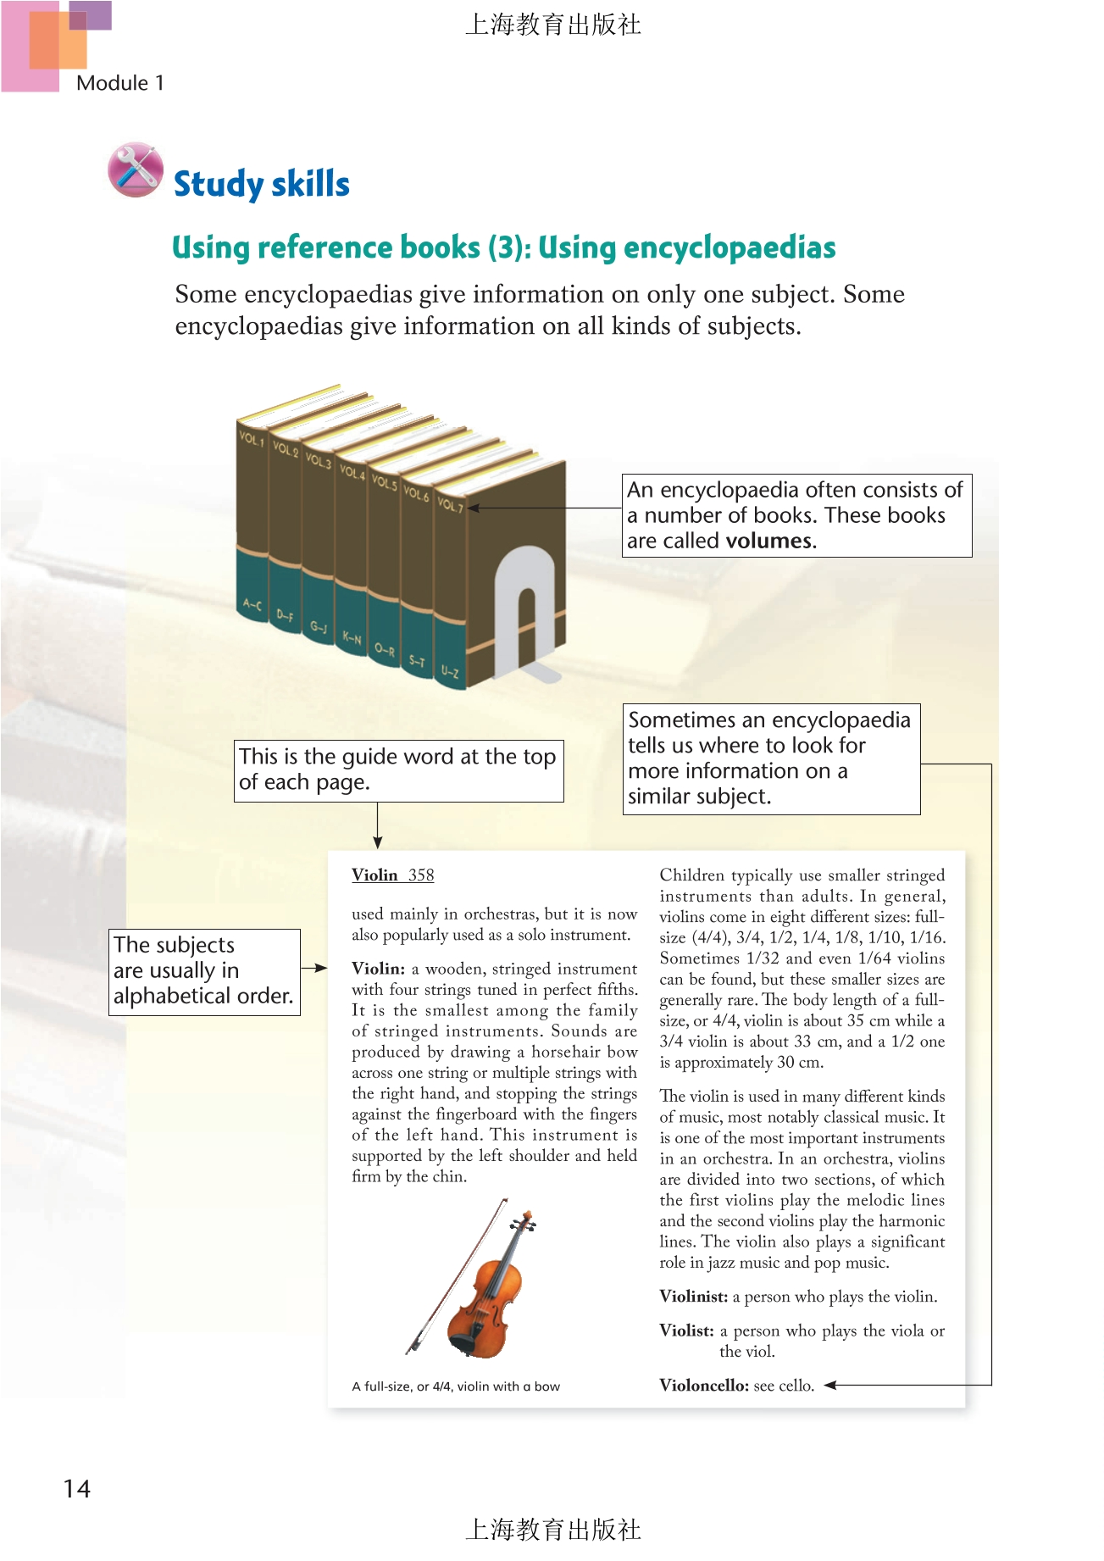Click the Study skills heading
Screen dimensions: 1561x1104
[261, 184]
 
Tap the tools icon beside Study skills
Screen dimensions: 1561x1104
[136, 169]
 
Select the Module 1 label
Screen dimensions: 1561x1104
[119, 83]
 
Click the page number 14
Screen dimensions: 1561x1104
[76, 1489]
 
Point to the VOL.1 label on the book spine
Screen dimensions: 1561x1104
[252, 439]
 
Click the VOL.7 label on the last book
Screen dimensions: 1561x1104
[450, 505]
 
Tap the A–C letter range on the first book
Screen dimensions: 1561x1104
[252, 605]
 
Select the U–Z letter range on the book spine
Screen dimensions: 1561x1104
[450, 672]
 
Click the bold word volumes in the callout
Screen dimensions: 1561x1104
[769, 541]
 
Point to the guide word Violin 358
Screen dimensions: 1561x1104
[393, 875]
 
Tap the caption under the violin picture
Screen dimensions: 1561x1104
[456, 1386]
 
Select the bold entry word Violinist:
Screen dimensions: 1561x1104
[694, 1297]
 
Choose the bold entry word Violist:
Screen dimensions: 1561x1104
[686, 1330]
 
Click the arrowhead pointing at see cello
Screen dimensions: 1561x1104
[831, 1386]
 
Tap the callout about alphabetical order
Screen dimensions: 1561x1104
[204, 971]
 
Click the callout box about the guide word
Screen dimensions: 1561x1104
[398, 769]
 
